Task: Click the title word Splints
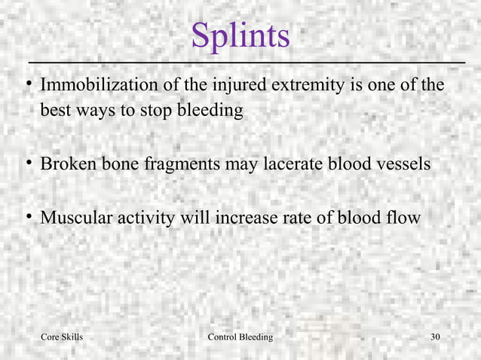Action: (x=240, y=35)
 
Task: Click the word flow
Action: (x=406, y=219)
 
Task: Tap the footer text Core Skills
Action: (x=61, y=337)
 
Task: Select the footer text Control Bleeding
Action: (x=240, y=337)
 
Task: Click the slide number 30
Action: (x=435, y=337)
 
